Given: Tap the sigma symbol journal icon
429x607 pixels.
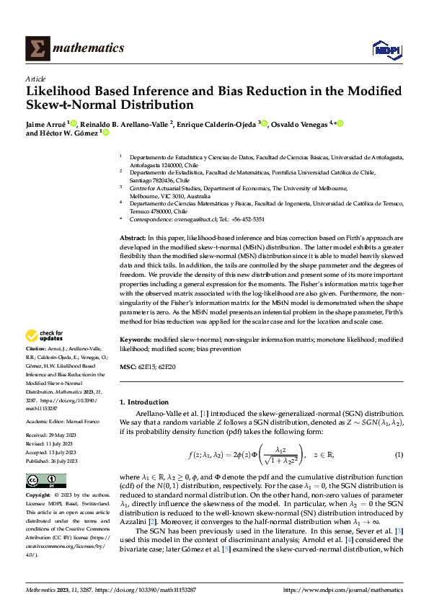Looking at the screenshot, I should coord(38,48).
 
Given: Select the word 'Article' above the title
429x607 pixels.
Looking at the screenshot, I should coord(35,79).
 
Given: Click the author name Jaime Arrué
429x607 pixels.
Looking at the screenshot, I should coord(45,123).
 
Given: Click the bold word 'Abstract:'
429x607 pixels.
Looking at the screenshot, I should coord(133,237).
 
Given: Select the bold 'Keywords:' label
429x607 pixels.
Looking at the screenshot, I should coord(136,338).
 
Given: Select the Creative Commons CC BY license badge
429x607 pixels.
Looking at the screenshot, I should coord(46,480).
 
